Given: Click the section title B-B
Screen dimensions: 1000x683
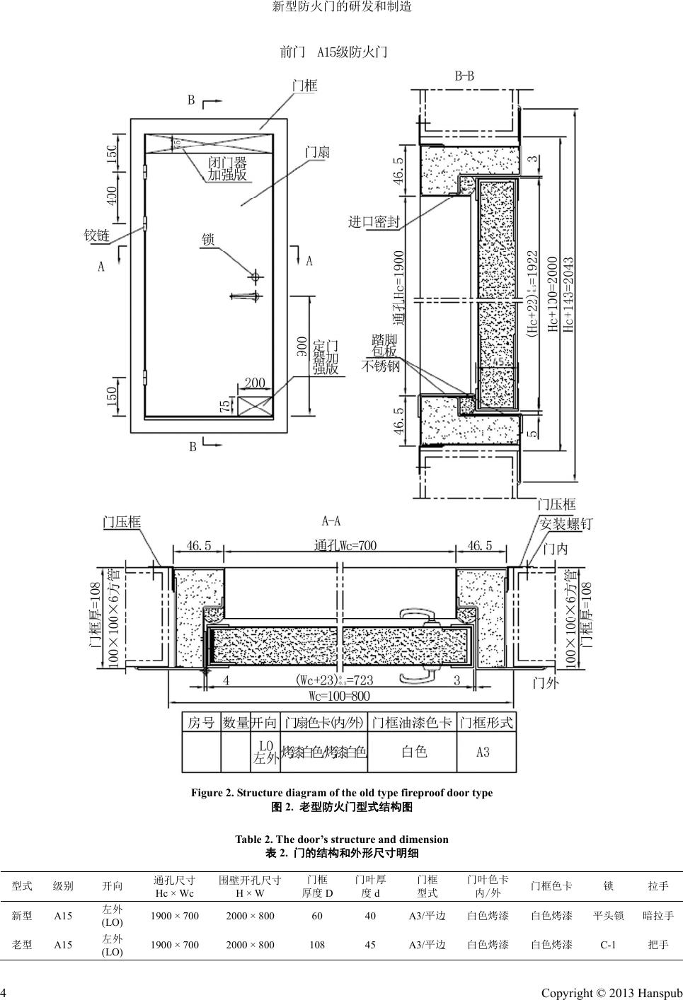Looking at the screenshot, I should [464, 76].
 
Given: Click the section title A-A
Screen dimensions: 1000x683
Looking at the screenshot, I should [331, 521].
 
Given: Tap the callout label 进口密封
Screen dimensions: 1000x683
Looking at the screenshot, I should [374, 221].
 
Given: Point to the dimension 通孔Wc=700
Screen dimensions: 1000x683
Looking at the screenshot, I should [345, 545].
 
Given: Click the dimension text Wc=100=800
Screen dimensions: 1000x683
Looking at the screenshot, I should [340, 696].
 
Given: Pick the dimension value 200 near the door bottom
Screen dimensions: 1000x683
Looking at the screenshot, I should [255, 383].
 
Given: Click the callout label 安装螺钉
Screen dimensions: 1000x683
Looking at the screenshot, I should [566, 524].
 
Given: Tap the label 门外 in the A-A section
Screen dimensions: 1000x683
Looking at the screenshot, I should [545, 683].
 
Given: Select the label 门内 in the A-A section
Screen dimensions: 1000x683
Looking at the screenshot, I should [555, 548].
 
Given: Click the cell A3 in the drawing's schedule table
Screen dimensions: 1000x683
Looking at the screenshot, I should [483, 752].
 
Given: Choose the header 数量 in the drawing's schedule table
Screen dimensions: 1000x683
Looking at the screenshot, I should [236, 722].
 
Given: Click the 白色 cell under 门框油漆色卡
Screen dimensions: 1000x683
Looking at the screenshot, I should [414, 752].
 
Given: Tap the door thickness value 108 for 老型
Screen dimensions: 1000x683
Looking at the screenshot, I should [317, 944].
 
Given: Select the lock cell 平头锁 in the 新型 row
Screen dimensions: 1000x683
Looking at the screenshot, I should [608, 916].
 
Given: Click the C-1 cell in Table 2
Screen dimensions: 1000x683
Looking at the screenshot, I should [608, 944].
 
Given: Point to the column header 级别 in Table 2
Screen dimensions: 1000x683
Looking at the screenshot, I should [63, 885].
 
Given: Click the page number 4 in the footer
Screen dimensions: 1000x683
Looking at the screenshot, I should [4, 993].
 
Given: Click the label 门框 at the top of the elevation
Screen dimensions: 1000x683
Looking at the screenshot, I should [305, 86].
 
